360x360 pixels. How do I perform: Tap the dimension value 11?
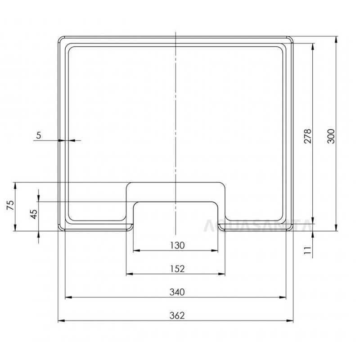[308, 251]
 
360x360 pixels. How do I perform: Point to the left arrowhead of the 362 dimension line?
[61, 320]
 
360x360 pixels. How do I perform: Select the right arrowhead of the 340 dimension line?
[284, 297]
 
